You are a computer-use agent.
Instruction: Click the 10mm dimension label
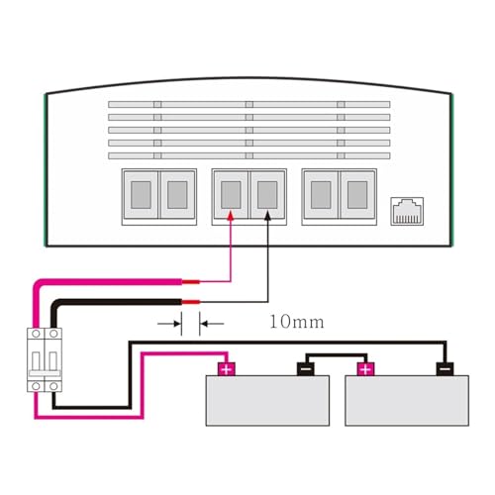297,322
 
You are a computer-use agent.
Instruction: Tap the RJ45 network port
407,212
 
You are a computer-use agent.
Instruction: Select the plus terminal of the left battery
226,369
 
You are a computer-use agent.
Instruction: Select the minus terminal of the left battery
306,369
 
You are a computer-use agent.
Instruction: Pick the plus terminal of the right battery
365,369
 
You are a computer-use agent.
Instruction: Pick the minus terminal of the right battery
445,369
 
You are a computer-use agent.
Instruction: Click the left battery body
267,401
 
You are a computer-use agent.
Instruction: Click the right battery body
407,401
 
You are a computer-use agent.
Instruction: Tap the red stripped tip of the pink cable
191,282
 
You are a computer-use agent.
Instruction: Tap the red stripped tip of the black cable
191,302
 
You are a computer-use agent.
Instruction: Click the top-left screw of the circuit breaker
36,334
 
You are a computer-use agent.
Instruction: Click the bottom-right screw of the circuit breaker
53,386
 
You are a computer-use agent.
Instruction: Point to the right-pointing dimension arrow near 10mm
169,324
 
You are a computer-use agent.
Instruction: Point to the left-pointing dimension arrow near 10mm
212,324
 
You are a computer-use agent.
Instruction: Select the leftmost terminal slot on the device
141,195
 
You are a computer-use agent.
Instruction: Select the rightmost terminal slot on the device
357,195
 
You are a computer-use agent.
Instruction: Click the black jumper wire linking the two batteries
336,355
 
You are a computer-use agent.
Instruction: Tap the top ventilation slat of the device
249,105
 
